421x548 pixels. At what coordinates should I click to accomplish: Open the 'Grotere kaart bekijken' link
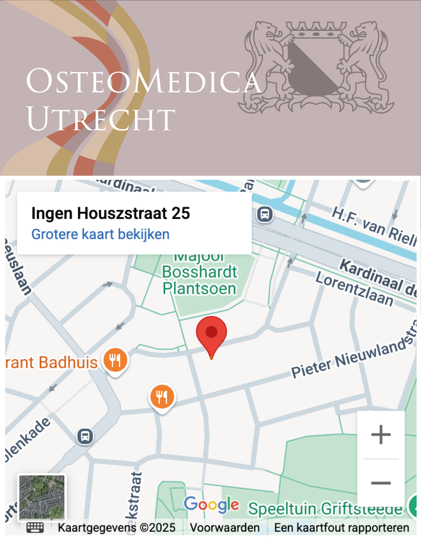[x=100, y=234]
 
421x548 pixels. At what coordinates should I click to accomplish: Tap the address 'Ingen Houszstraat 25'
[x=111, y=213]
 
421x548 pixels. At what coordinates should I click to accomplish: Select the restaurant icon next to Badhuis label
[x=115, y=360]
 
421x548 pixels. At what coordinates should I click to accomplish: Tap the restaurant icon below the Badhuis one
[x=162, y=397]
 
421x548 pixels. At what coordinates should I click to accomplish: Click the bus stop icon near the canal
[x=265, y=214]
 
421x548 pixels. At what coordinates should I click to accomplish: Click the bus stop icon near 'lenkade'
[x=85, y=436]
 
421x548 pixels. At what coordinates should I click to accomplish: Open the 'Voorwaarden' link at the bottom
[x=225, y=528]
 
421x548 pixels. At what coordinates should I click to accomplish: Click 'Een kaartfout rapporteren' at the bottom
[x=341, y=528]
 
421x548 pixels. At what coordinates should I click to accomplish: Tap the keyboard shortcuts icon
[x=35, y=528]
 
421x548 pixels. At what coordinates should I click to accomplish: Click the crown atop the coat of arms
[x=316, y=29]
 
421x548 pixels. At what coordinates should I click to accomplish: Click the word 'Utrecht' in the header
[x=101, y=119]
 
